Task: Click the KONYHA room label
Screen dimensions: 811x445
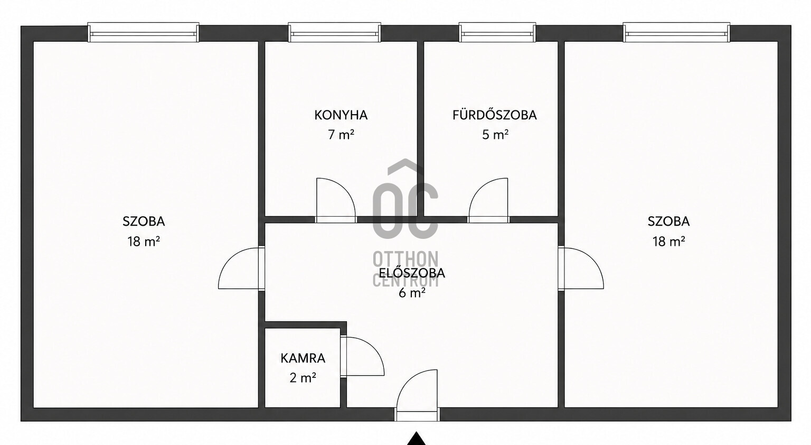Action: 341,115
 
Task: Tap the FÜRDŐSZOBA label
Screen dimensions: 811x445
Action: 495,115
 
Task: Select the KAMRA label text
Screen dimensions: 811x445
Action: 303,358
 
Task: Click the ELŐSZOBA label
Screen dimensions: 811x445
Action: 412,273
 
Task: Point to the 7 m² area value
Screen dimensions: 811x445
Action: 341,135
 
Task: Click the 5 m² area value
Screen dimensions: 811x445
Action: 495,135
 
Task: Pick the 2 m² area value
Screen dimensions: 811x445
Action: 303,378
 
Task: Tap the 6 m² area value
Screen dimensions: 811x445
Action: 412,292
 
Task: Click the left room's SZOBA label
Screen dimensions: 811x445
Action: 144,221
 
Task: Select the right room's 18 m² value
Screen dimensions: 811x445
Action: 669,242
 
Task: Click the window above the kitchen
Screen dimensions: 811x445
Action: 335,33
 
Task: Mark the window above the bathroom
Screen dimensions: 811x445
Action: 497,33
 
